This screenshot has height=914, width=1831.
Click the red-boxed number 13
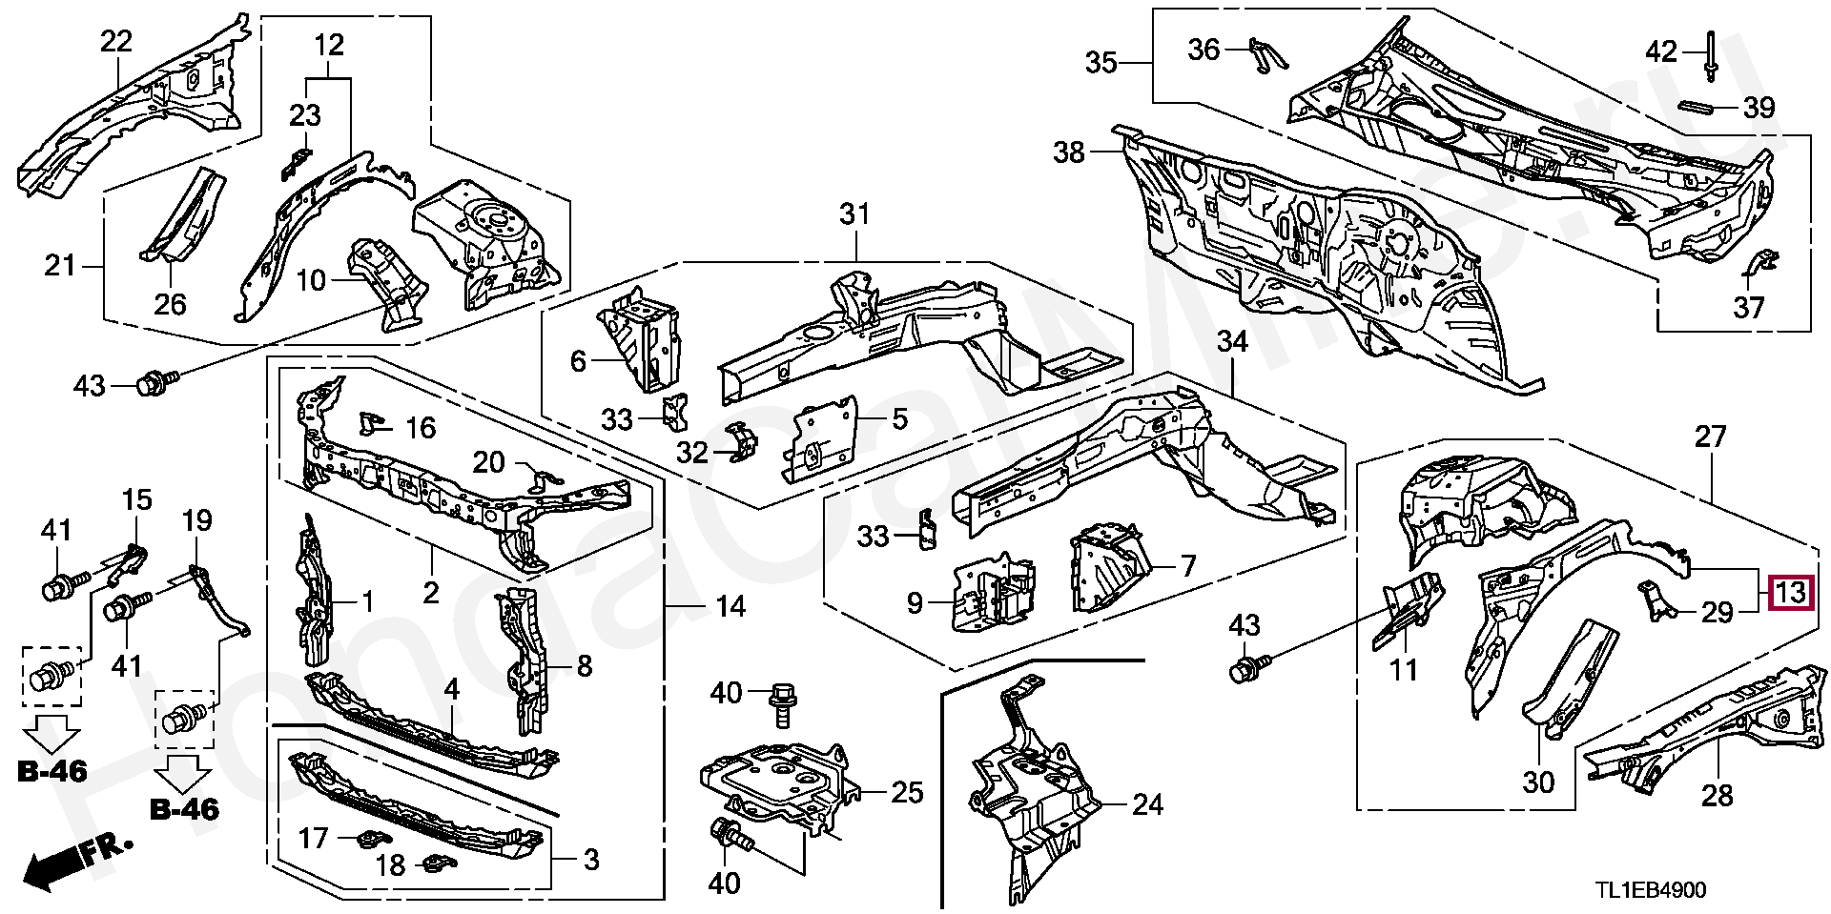click(x=1790, y=593)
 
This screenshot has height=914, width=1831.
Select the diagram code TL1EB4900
click(x=1652, y=890)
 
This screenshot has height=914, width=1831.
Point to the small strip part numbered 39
click(x=1700, y=106)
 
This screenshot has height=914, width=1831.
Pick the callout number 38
click(x=1070, y=152)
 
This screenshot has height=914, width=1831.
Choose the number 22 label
click(x=116, y=41)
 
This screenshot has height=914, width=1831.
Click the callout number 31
click(x=854, y=213)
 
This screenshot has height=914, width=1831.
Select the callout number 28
click(x=1717, y=794)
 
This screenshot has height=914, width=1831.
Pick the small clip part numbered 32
click(x=743, y=443)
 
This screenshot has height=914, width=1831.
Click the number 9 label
click(x=914, y=602)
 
